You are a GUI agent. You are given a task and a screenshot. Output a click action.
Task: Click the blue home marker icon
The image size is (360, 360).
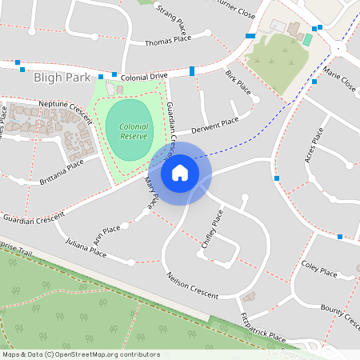180,172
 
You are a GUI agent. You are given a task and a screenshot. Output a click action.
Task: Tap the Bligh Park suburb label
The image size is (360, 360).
60,78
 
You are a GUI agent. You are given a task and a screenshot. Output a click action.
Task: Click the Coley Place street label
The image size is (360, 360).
319,267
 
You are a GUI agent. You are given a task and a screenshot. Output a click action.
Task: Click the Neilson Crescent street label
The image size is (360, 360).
192,285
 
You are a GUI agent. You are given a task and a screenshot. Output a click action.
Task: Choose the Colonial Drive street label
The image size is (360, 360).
144,76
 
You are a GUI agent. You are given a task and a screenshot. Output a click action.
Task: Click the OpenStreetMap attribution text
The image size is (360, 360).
81,354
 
